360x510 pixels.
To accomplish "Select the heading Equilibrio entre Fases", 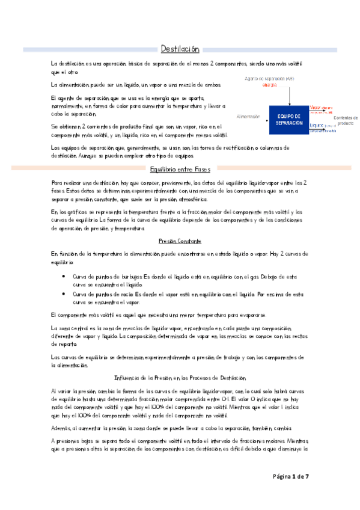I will pos(180,169).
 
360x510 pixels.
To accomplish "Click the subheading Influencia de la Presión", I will pos(180,378).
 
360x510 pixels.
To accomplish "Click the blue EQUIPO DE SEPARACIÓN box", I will pos(289,120).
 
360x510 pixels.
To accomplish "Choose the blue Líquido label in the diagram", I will pos(316,124).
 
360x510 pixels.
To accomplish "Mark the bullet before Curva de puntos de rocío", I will pos(64,294).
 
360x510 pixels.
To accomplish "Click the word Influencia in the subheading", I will pos(126,378).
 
